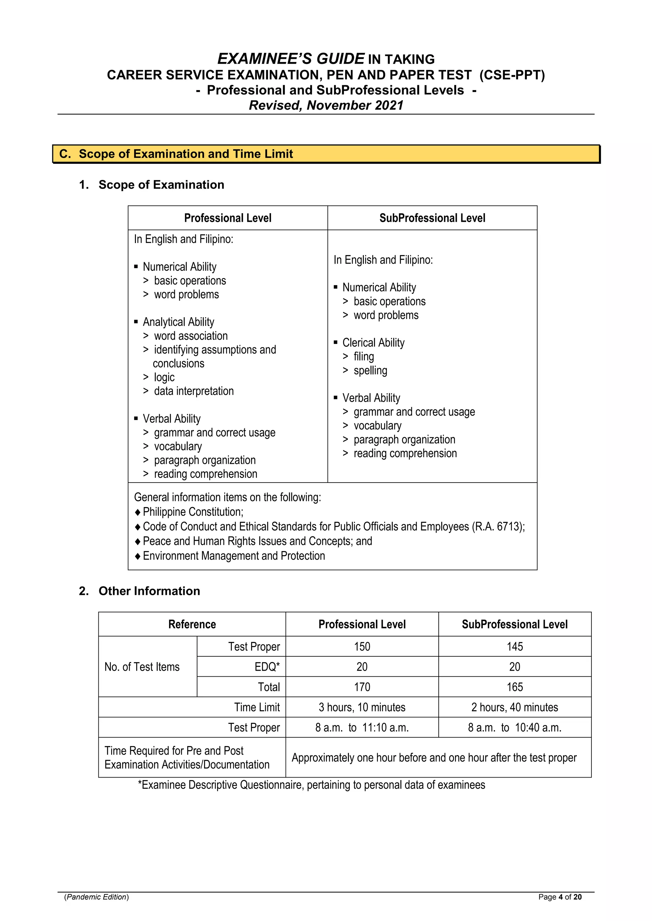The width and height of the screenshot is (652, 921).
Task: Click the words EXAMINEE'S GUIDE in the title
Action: [291, 59]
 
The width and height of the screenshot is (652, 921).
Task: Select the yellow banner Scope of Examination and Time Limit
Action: [326, 154]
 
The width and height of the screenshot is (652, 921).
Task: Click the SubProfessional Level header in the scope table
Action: [432, 218]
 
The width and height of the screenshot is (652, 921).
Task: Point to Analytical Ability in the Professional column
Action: [178, 322]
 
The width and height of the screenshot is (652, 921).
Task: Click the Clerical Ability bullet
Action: [373, 343]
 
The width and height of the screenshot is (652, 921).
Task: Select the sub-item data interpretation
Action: [194, 391]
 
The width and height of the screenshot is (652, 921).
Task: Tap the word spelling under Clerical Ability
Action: [370, 370]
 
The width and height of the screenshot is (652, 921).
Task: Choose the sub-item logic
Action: [164, 377]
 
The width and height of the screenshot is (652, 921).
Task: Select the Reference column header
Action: [192, 624]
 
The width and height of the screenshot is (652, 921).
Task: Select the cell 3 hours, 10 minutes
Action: [362, 707]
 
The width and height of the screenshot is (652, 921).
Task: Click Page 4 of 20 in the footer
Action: [560, 897]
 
